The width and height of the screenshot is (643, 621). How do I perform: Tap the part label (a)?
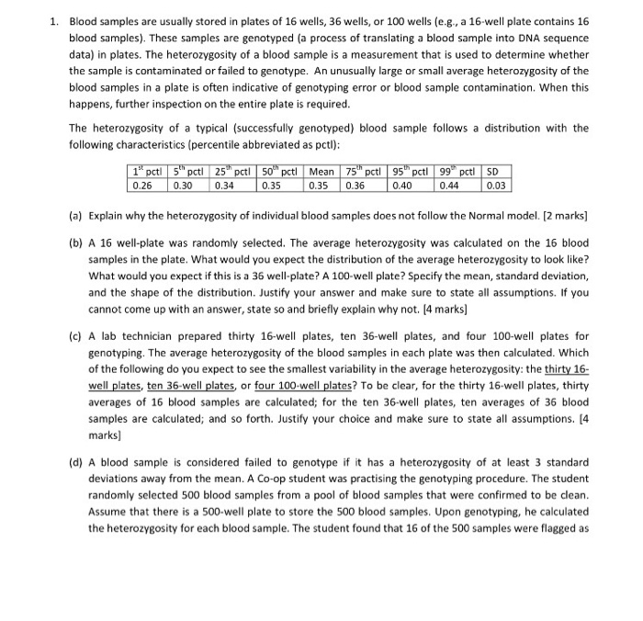click(76, 216)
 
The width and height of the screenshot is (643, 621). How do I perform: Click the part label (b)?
click(76, 243)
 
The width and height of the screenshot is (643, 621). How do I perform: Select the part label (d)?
click(76, 461)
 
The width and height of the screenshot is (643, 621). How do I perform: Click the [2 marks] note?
click(563, 216)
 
